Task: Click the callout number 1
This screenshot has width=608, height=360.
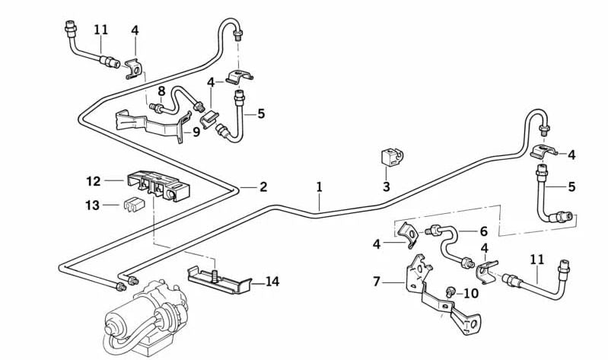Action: pyautogui.click(x=320, y=186)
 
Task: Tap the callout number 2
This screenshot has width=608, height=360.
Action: pyautogui.click(x=263, y=186)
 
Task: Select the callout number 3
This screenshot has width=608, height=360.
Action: pyautogui.click(x=386, y=186)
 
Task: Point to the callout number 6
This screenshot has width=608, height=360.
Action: pyautogui.click(x=483, y=231)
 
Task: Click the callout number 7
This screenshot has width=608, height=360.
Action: pyautogui.click(x=376, y=282)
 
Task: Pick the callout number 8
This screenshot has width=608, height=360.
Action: pyautogui.click(x=161, y=91)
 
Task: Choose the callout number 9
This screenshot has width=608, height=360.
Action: pyautogui.click(x=196, y=131)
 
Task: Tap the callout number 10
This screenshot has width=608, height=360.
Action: pyautogui.click(x=472, y=292)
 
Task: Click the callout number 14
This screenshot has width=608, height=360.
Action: pyautogui.click(x=272, y=282)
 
